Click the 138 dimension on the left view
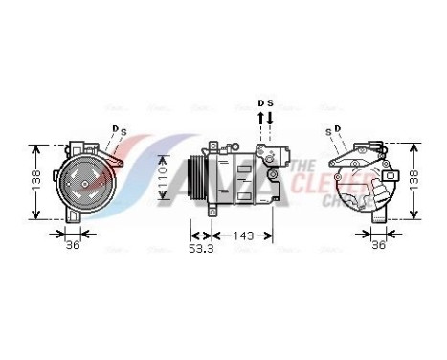pos(35,181)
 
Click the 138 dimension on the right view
pos(414,181)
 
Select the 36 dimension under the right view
pos(378,245)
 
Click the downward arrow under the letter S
pos(270,119)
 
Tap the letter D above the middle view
pos(259,101)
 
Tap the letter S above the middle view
pos(270,101)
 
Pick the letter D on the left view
pos(114,127)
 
